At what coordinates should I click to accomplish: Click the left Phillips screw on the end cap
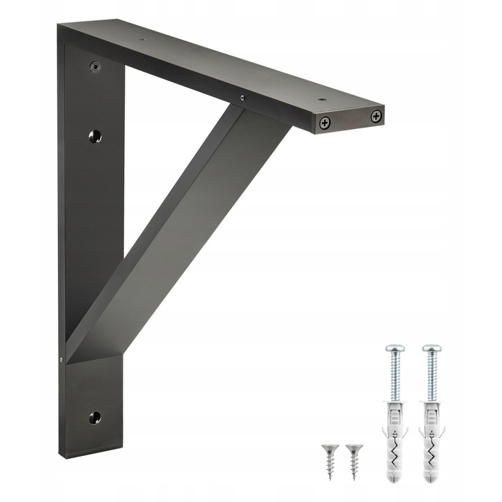coord(325,123)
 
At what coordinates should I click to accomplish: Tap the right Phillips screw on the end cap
coord(376,116)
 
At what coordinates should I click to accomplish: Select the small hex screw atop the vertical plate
coord(96,67)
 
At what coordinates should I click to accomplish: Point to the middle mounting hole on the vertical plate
coord(96,136)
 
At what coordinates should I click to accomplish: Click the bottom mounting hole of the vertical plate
coord(95,418)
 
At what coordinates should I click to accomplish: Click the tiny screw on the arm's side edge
coord(242,98)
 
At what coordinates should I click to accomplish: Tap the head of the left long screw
coord(395,347)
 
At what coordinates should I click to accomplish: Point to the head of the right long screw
coord(431,347)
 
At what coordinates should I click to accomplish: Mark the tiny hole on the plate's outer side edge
coord(61,360)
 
